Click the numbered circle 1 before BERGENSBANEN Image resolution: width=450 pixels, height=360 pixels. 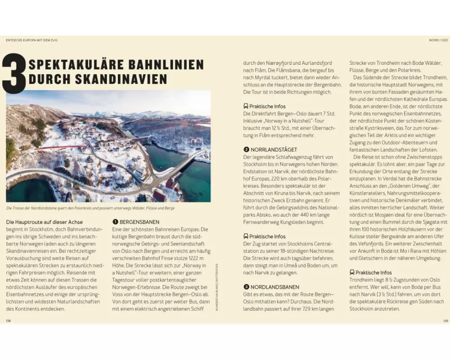(115, 222)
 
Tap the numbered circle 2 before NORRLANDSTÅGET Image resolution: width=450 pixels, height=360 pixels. (246, 149)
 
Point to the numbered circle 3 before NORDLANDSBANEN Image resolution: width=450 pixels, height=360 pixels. (246, 287)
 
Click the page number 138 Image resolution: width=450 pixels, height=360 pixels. (8, 321)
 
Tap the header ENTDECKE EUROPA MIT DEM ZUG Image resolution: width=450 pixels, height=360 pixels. (31, 40)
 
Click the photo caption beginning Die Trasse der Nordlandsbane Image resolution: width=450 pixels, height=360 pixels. (90, 208)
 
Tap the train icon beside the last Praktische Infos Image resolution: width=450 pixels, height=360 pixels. (352, 272)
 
